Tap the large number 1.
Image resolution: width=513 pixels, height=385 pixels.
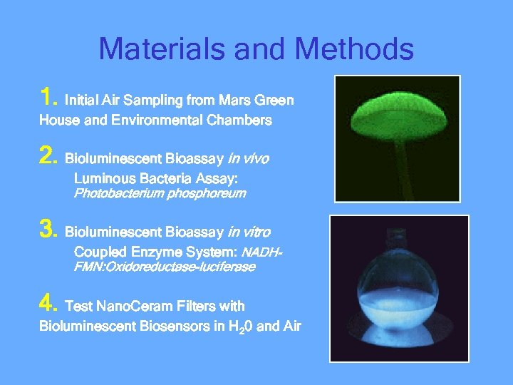pos(48,96)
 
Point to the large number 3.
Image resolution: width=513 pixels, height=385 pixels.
pos(48,229)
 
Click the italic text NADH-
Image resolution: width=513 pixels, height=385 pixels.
pos(262,252)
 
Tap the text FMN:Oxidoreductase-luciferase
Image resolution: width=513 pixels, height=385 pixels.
pos(165,267)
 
